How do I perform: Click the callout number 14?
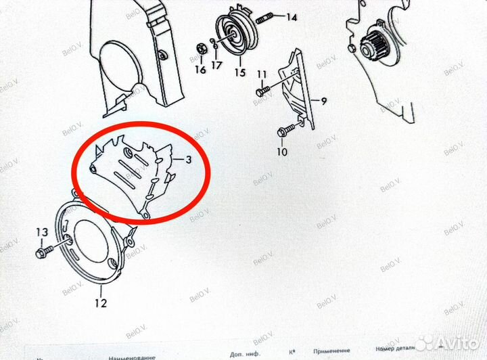click(x=292, y=18)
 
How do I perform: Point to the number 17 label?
click(x=216, y=66)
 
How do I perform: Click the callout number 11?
click(x=262, y=74)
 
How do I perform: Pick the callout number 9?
click(x=324, y=102)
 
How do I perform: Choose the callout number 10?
click(x=282, y=152)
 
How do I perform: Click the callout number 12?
click(x=100, y=303)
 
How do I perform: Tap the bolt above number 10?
click(x=287, y=129)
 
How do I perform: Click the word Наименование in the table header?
click(x=131, y=355)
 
